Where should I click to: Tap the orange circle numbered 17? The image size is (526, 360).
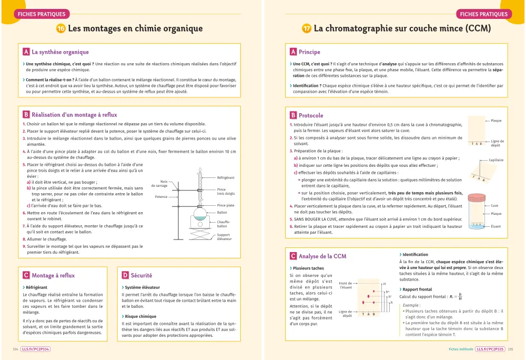306,28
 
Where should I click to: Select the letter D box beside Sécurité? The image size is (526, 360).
125,275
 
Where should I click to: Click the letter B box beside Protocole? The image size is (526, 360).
293,115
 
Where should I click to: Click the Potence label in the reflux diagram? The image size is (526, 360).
161,196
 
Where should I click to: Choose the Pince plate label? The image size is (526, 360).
226,205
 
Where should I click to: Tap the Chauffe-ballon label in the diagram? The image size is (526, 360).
224,224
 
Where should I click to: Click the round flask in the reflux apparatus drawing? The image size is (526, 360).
200,214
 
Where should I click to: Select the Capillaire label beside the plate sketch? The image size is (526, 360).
496,160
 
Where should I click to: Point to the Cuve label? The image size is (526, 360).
494,206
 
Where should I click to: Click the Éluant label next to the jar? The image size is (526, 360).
495,226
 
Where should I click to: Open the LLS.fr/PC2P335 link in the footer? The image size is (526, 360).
490,349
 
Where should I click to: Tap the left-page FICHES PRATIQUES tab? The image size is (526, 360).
41,14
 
